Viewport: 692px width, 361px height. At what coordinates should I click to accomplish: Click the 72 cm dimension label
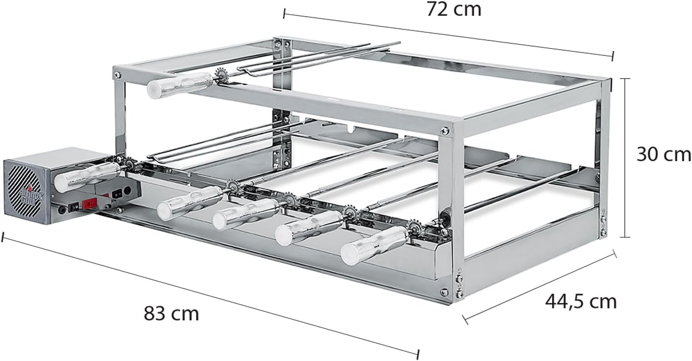(453, 9)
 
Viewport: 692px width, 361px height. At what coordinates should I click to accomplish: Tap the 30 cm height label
(664, 154)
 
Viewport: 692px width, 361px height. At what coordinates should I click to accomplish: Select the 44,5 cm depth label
(581, 301)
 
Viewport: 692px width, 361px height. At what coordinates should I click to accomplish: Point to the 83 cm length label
(171, 313)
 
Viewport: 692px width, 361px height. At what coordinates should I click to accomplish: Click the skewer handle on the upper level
(180, 85)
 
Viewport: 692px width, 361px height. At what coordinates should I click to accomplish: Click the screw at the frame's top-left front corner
(117, 75)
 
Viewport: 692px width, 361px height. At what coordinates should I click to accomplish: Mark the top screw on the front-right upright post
(444, 131)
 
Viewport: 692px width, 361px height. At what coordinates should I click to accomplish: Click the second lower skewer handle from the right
(309, 227)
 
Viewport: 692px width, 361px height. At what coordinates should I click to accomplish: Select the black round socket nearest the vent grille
(62, 210)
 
